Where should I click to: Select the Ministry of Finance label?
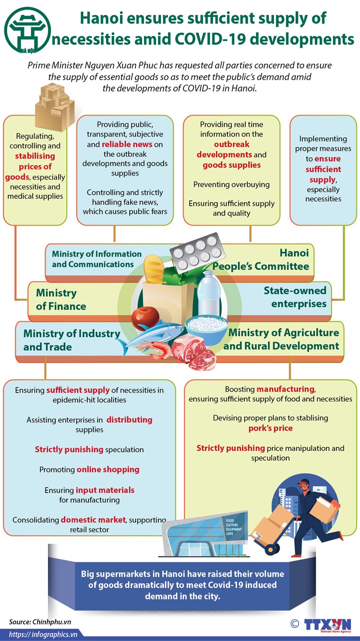tap(61, 300)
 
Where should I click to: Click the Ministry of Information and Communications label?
tap(96, 259)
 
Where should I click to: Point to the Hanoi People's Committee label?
tap(261, 260)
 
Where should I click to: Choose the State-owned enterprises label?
tap(295, 297)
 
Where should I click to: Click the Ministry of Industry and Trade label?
tap(71, 340)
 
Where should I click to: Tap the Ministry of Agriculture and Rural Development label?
tap(281, 339)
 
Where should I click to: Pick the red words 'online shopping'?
tap(108, 469)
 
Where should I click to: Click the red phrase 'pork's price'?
tap(271, 428)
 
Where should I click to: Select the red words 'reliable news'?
tap(127, 144)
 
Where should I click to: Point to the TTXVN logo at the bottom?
tap(327, 624)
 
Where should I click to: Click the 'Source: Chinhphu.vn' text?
tap(40, 622)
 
